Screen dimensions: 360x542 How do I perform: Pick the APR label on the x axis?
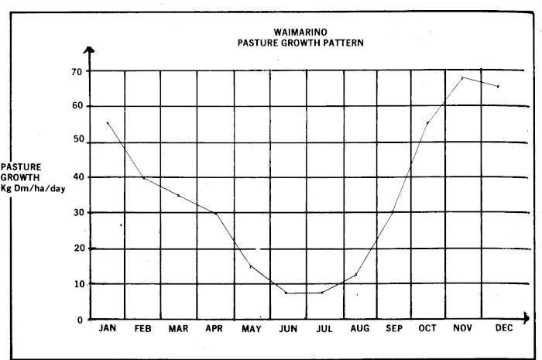pyautogui.click(x=214, y=329)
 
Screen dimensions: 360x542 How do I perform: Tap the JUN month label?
pyautogui.click(x=288, y=329)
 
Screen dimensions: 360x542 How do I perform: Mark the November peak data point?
pyautogui.click(x=463, y=77)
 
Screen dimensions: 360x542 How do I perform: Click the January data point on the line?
pyautogui.click(x=108, y=122)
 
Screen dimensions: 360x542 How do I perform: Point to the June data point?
pyautogui.click(x=286, y=293)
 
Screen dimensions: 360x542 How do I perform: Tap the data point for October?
pyautogui.click(x=427, y=122)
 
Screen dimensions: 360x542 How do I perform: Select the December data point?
pyautogui.click(x=498, y=86)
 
